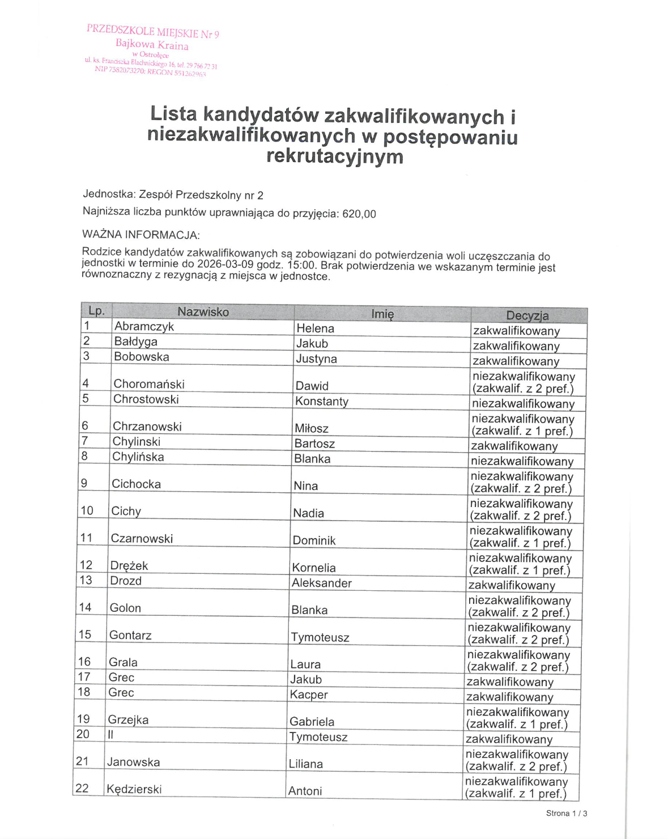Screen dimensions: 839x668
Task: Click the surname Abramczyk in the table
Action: pyautogui.click(x=144, y=326)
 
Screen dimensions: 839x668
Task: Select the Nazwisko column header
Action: pyautogui.click(x=203, y=312)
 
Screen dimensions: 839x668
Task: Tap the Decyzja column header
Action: pyautogui.click(x=527, y=316)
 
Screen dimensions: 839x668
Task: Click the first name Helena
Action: pyautogui.click(x=315, y=329)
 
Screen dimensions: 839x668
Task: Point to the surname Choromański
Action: pyautogui.click(x=149, y=384)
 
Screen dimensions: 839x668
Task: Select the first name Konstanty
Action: pyautogui.click(x=322, y=402)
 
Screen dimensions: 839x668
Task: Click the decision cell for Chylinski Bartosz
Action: pyautogui.click(x=514, y=446)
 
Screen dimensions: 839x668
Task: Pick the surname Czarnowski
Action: pyautogui.click(x=142, y=539)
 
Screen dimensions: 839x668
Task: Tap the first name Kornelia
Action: pyautogui.click(x=314, y=568)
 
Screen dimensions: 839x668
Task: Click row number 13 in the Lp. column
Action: pyautogui.click(x=86, y=580)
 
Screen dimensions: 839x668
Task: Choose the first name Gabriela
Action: pyautogui.click(x=312, y=722)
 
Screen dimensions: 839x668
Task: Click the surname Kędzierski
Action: pyautogui.click(x=134, y=789)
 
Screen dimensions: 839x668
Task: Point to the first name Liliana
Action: pyautogui.click(x=306, y=764)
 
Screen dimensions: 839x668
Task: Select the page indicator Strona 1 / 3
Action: pyautogui.click(x=566, y=814)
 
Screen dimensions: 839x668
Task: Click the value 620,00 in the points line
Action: pyautogui.click(x=359, y=214)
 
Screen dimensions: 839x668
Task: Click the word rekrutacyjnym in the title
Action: pyautogui.click(x=335, y=156)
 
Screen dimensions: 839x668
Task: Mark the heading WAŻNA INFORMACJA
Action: pyautogui.click(x=141, y=235)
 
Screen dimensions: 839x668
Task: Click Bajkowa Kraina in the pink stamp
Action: pyautogui.click(x=152, y=44)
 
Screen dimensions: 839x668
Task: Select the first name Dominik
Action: pyautogui.click(x=314, y=540)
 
